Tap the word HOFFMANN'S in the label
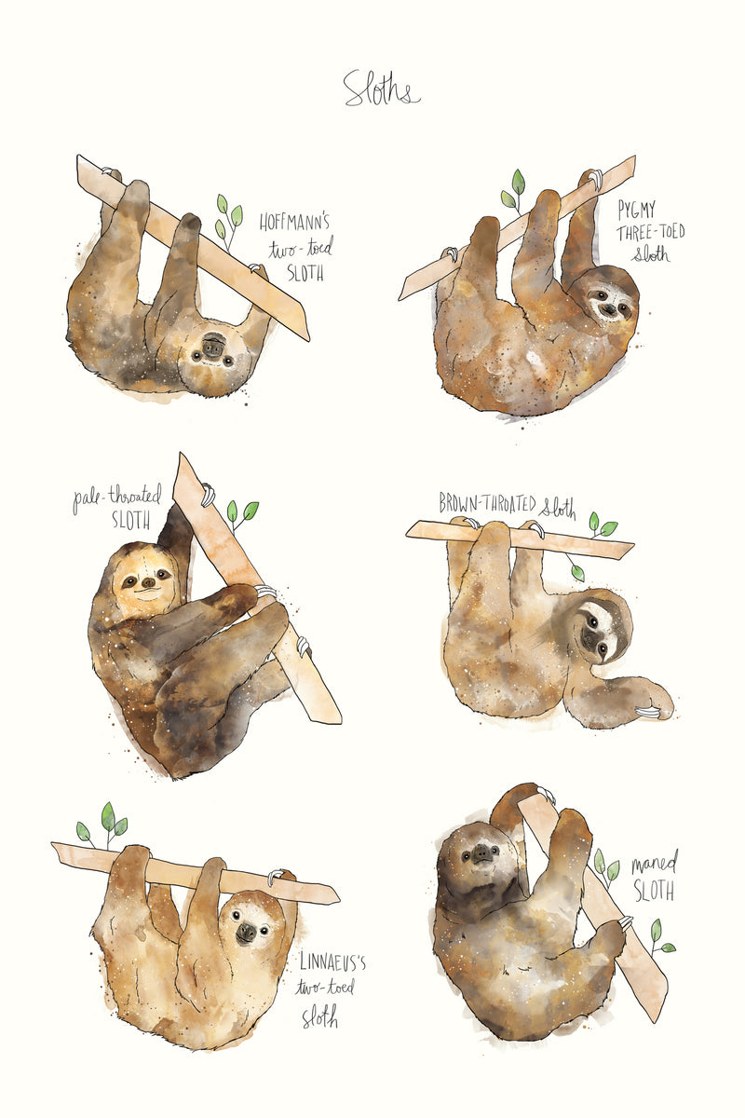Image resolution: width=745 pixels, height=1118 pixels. pyautogui.click(x=294, y=224)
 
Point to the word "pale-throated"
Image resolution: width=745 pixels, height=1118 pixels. pyautogui.click(x=118, y=498)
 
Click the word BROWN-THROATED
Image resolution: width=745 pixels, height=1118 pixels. pyautogui.click(x=488, y=504)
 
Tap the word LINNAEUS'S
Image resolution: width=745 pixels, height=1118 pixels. pyautogui.click(x=332, y=961)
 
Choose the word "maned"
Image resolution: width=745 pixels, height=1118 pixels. pyautogui.click(x=654, y=863)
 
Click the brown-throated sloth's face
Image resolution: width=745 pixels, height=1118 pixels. pyautogui.click(x=596, y=629)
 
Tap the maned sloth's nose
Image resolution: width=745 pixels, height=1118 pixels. pyautogui.click(x=481, y=852)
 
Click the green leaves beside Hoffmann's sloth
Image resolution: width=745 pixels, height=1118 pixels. pyautogui.click(x=227, y=217)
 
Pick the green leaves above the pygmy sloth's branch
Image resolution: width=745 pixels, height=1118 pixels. pyautogui.click(x=514, y=188)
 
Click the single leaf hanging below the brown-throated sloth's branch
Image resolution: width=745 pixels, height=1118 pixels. pyautogui.click(x=576, y=570)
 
